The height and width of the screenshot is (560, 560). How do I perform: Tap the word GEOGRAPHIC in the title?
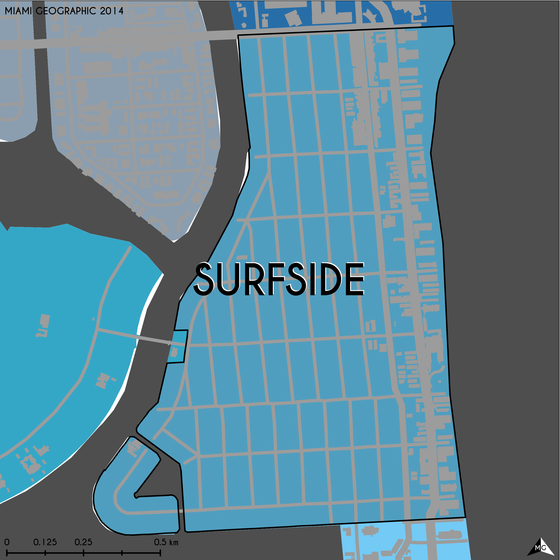(66, 11)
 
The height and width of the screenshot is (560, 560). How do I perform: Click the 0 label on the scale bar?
(7, 542)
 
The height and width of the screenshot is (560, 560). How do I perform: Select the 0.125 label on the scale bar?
(45, 542)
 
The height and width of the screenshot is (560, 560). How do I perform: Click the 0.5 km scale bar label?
(166, 542)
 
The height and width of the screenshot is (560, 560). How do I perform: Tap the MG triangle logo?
(541, 547)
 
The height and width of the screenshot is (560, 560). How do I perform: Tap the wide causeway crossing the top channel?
(223, 36)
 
